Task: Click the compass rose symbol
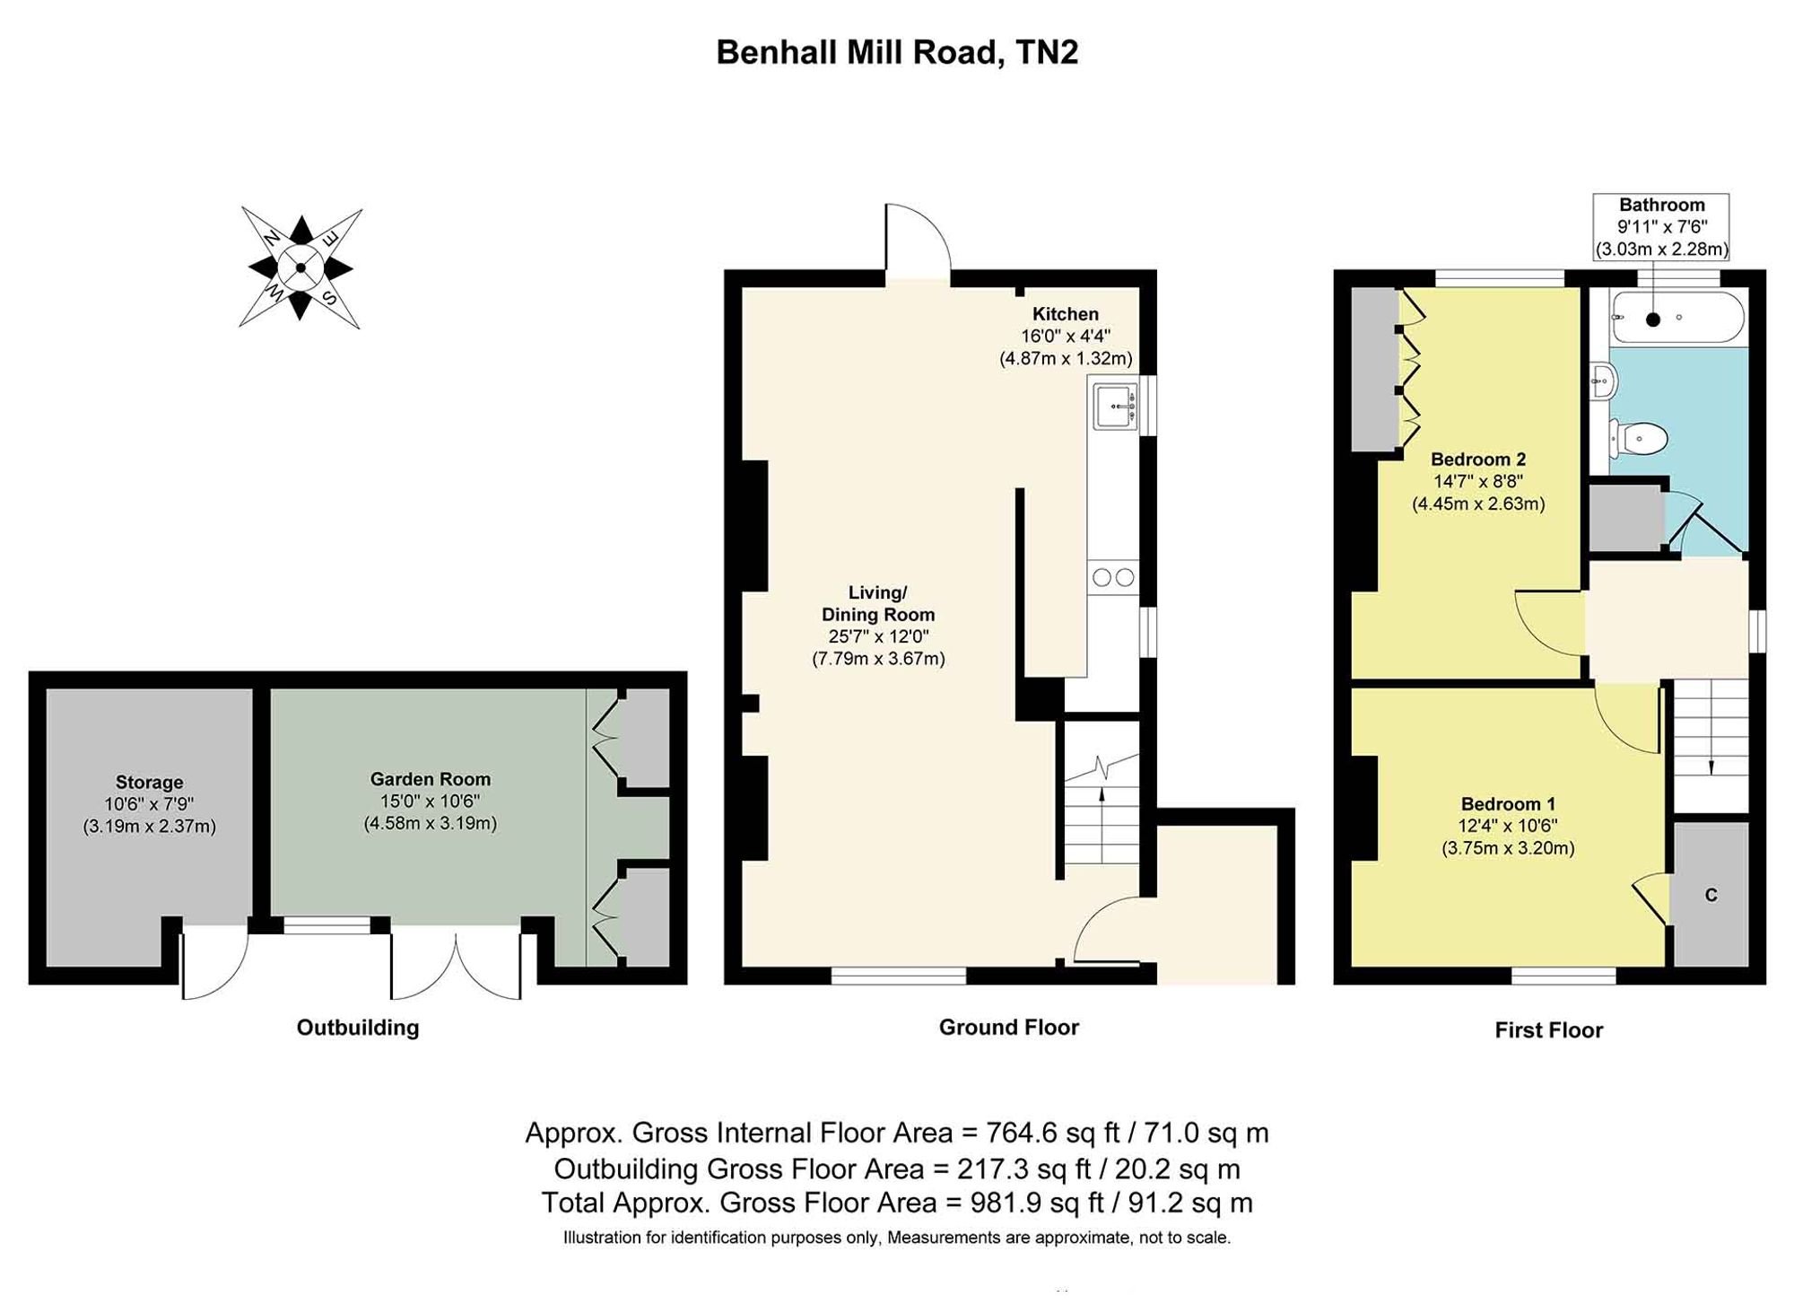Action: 300,267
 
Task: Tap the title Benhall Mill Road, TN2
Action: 897,52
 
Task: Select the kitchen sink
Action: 1115,406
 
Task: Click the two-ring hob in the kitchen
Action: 1114,578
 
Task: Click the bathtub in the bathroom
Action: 1677,318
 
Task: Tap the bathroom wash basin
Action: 1602,381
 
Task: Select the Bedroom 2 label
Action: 1478,460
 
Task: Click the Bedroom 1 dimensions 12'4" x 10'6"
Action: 1508,826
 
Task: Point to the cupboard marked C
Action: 1711,894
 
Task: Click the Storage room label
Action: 149,782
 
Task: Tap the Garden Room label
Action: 431,779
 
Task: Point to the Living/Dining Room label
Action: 878,603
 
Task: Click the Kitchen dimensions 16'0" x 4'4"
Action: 1066,337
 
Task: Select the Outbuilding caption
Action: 358,1028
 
